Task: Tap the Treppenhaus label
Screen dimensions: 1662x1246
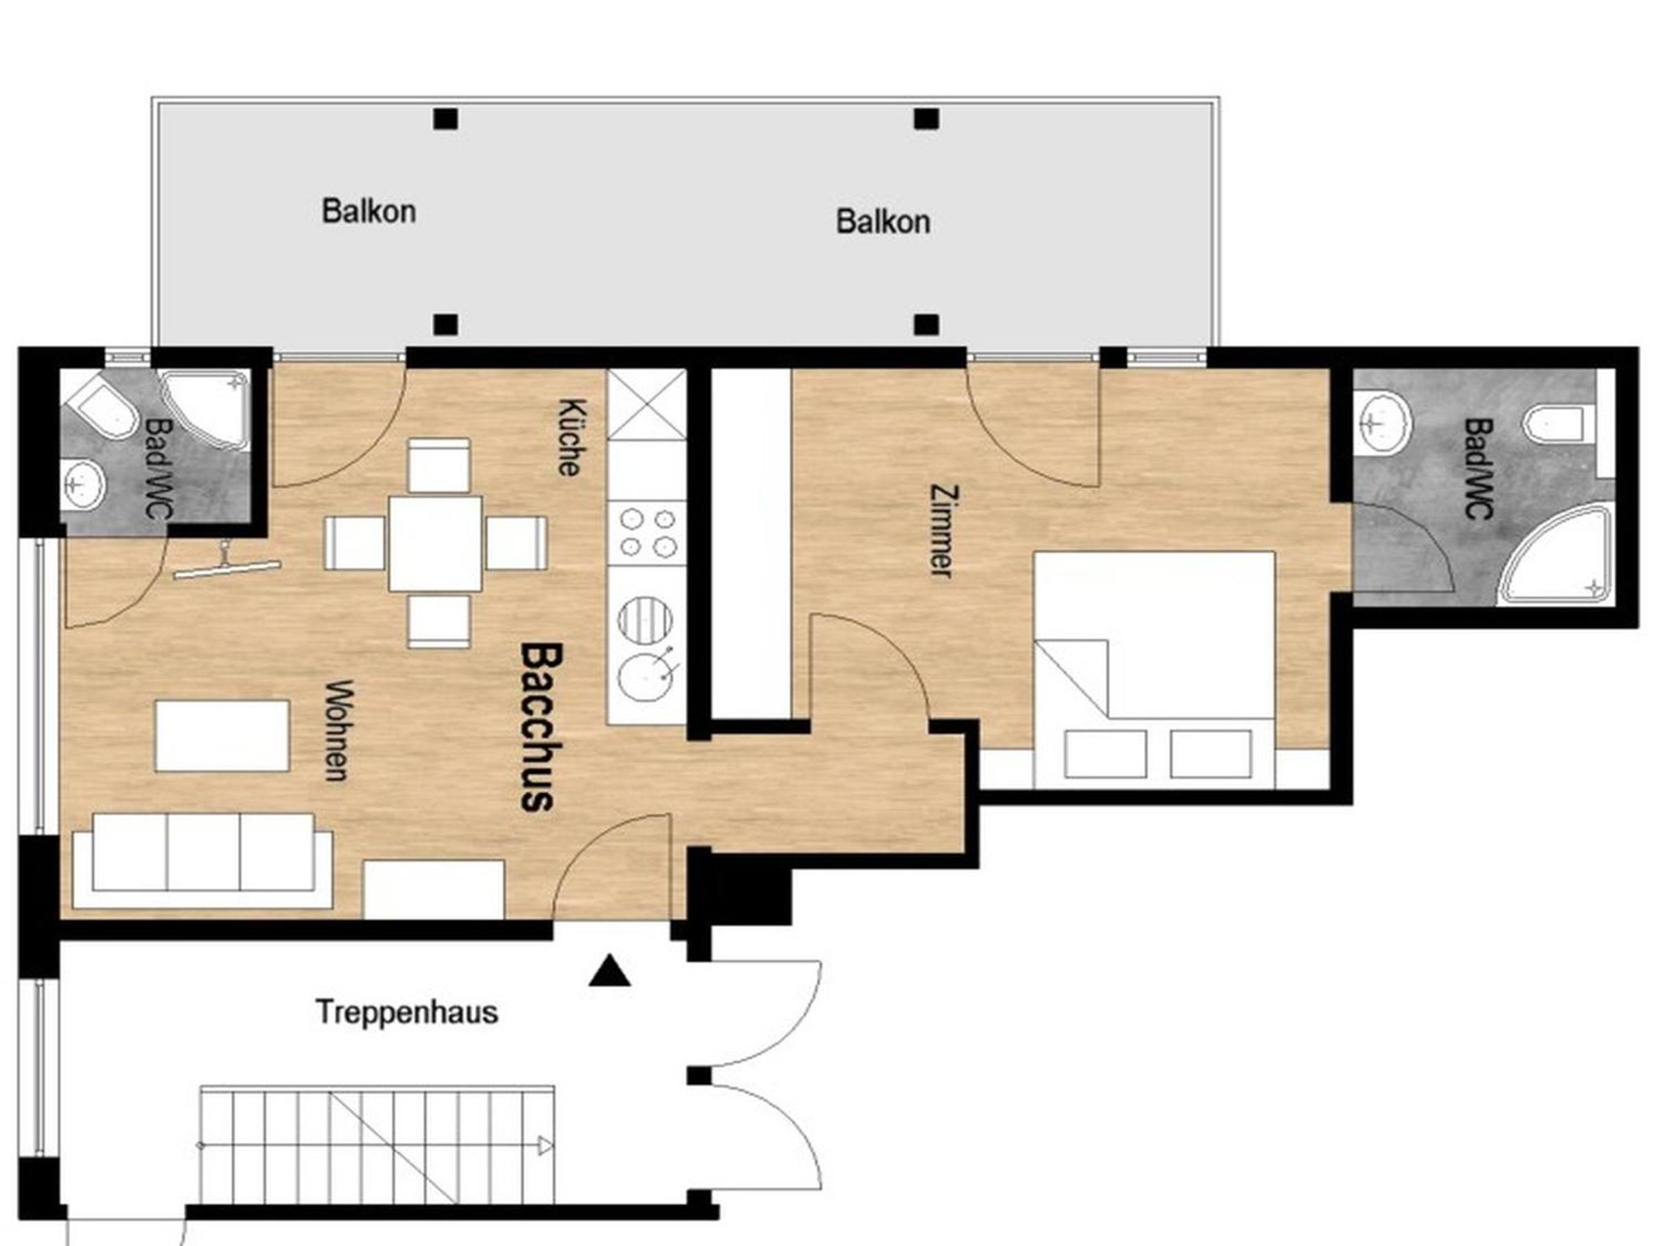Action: point(406,1013)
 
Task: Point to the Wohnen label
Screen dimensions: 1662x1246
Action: point(339,731)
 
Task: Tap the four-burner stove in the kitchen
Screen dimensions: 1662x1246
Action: point(647,532)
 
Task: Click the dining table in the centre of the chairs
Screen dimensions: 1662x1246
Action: point(436,544)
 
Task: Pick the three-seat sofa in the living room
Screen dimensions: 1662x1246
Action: point(203,860)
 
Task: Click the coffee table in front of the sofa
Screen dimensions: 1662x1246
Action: point(222,735)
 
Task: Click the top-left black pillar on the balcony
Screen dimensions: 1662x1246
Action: point(445,118)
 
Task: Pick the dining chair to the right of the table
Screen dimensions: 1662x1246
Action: point(515,543)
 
